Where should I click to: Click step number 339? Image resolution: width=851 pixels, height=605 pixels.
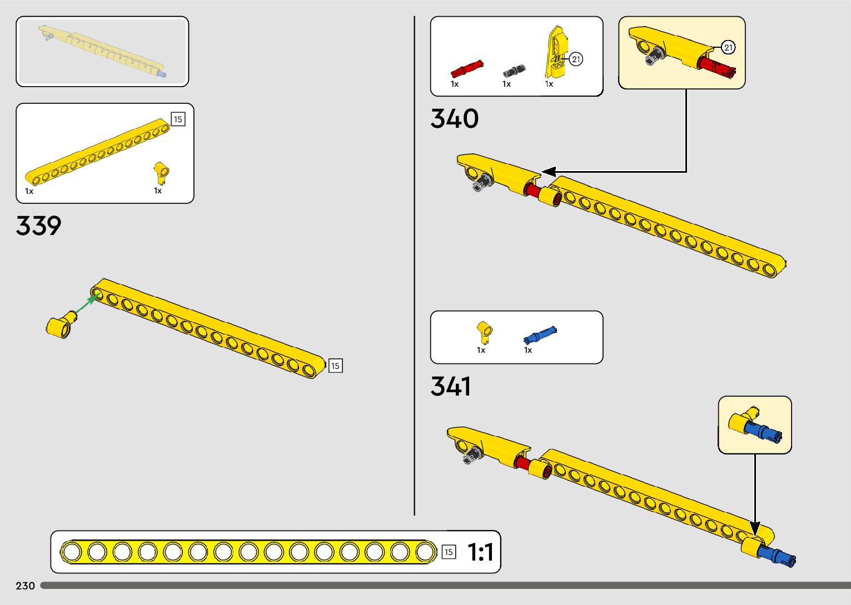(38, 226)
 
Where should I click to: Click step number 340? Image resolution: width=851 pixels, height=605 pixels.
(454, 119)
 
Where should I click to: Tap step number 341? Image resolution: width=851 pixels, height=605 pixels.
(450, 386)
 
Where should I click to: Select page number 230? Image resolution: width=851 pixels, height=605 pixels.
(26, 586)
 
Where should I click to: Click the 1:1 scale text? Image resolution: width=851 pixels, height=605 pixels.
(480, 552)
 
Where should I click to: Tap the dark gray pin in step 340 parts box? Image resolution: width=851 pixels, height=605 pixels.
(514, 71)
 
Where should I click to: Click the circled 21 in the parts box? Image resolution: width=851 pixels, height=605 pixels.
(576, 59)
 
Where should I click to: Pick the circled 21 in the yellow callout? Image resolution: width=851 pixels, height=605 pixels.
(728, 48)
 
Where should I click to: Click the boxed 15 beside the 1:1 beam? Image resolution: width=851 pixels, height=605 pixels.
(449, 552)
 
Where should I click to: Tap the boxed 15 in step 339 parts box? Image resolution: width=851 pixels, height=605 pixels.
(178, 119)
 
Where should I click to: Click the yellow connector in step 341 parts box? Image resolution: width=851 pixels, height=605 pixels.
(484, 332)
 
